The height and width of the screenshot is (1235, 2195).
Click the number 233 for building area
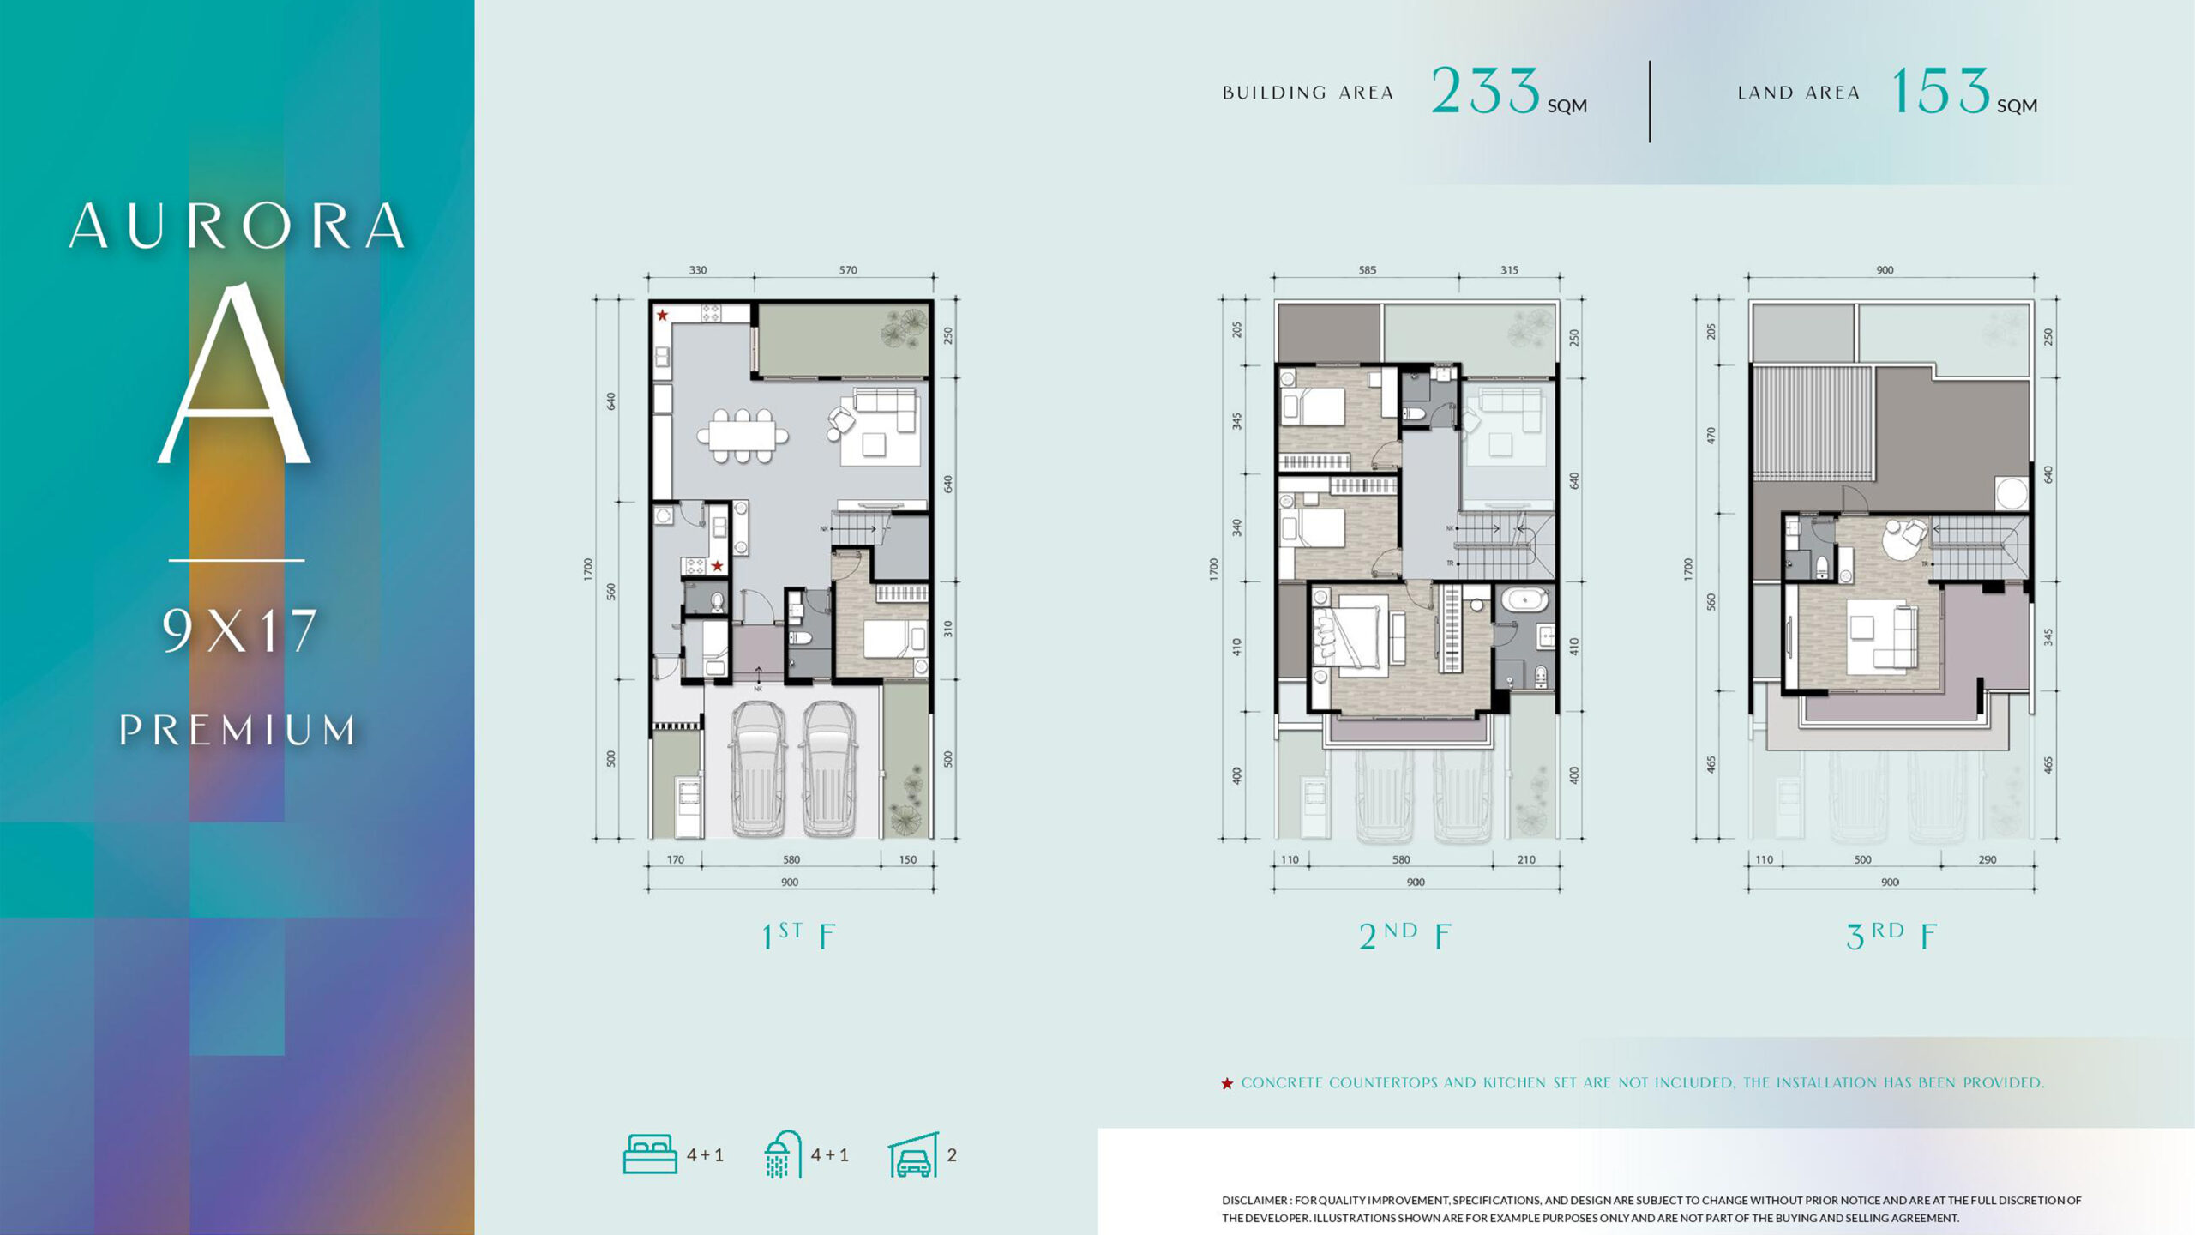tap(1486, 91)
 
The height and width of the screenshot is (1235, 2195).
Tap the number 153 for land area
tap(1940, 91)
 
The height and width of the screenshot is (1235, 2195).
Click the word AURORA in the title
tap(237, 226)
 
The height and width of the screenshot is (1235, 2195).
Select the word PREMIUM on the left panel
tap(238, 730)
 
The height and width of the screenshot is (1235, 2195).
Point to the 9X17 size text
tap(240, 630)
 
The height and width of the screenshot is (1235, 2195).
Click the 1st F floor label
tap(798, 936)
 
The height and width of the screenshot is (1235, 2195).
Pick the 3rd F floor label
tap(1891, 936)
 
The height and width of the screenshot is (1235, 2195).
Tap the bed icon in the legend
tap(650, 1154)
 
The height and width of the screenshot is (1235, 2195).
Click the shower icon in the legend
tap(783, 1154)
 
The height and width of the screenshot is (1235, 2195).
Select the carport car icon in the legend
tap(913, 1155)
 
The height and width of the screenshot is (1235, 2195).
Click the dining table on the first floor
tap(743, 436)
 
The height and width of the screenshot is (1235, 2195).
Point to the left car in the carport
tap(757, 768)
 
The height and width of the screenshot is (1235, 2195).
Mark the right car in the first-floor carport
tap(828, 768)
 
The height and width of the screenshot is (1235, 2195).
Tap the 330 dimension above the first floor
tap(698, 270)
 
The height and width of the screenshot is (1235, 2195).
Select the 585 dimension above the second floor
tap(1367, 270)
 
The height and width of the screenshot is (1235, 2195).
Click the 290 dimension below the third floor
tap(1988, 859)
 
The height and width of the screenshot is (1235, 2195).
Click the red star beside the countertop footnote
tap(1227, 1084)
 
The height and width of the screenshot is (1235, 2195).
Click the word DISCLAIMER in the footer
tap(1255, 1201)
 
